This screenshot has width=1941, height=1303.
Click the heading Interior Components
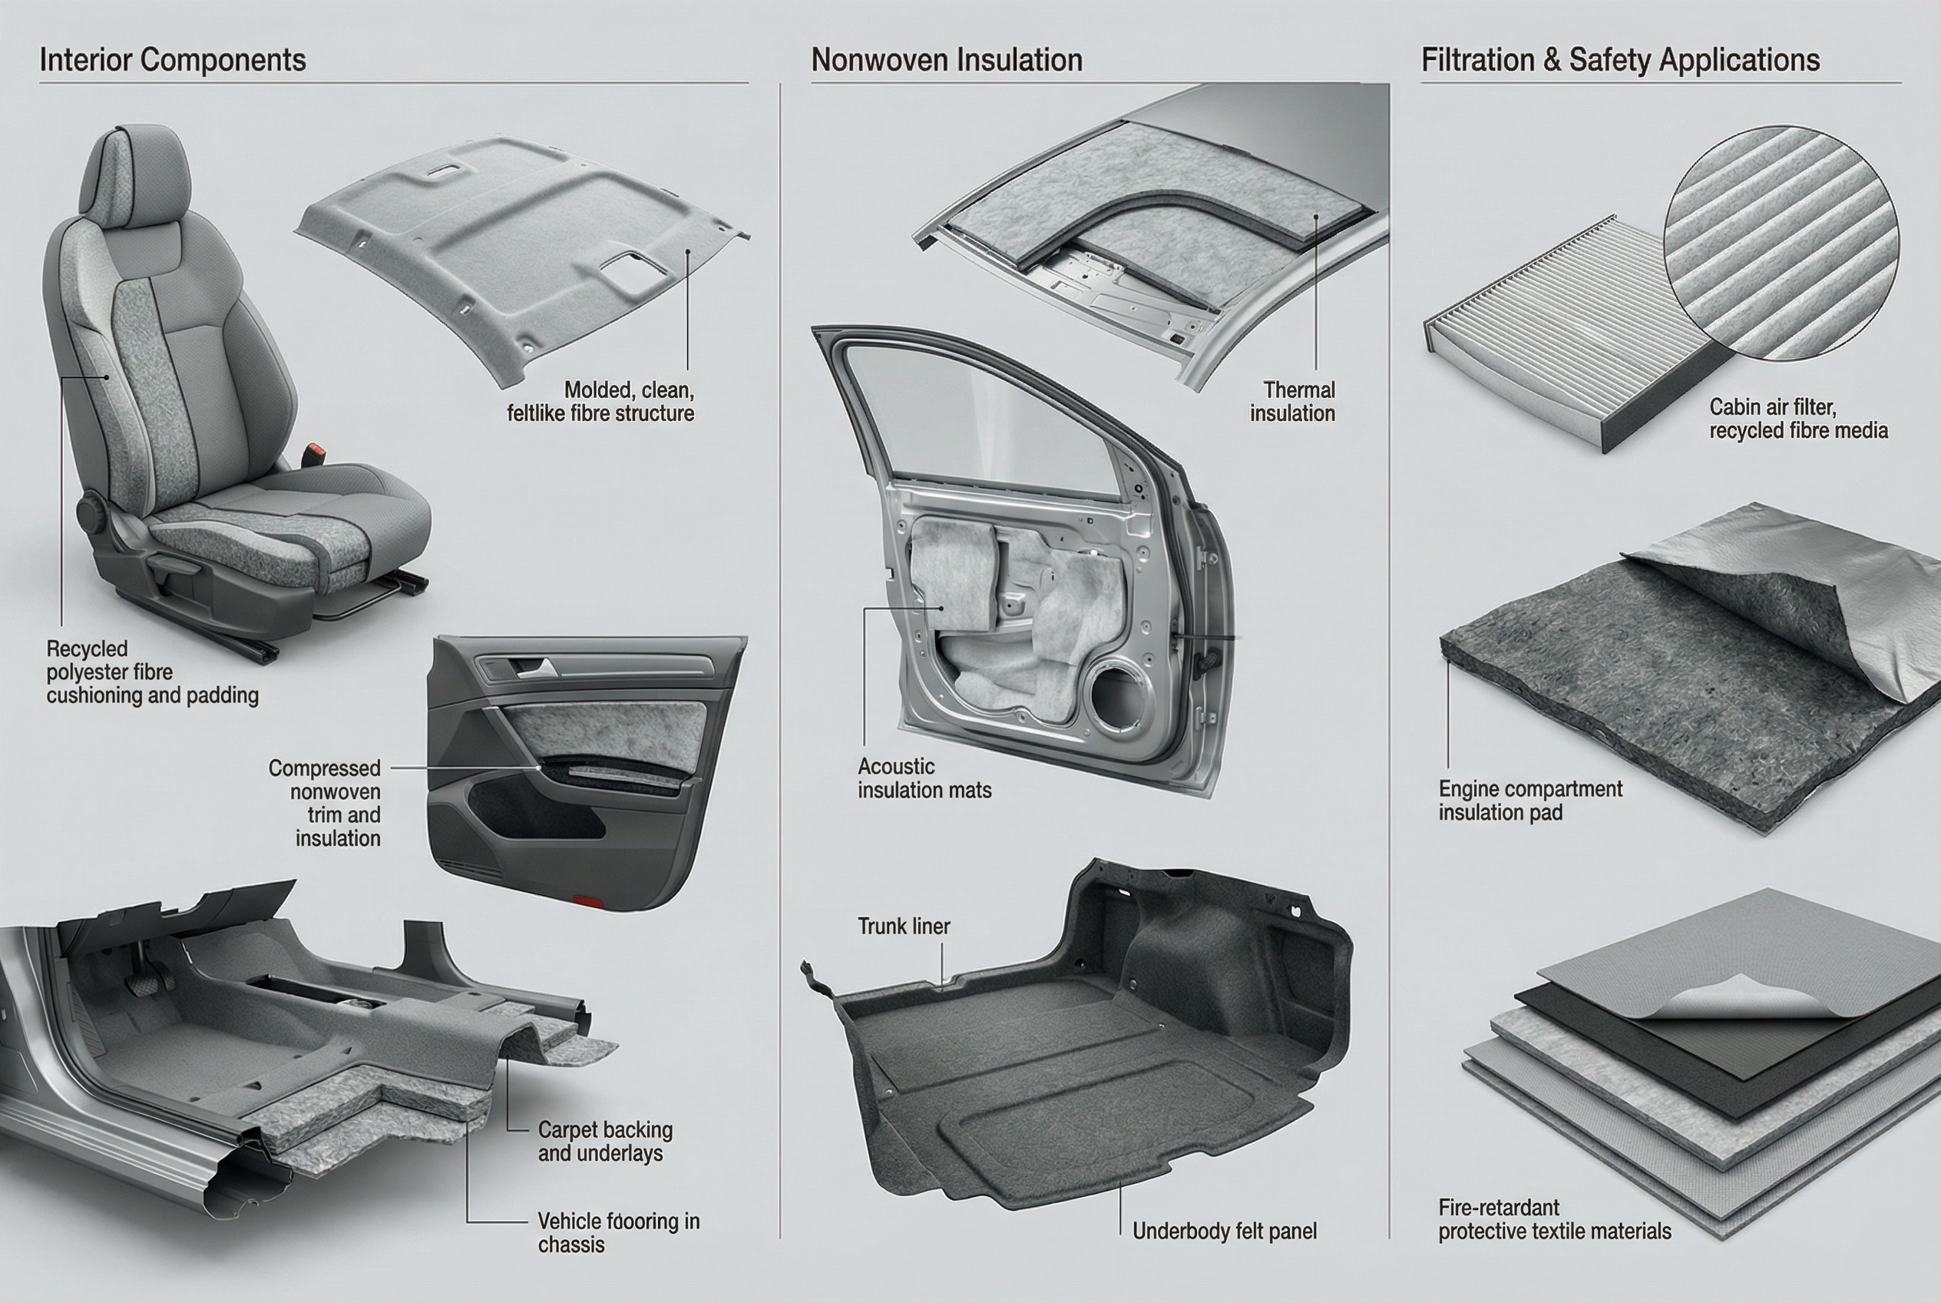[x=173, y=60]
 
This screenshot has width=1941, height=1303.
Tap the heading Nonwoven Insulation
[x=946, y=60]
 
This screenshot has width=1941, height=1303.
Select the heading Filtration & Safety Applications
[x=1619, y=60]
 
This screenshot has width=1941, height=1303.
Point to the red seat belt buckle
[x=316, y=455]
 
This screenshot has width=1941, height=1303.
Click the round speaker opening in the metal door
[x=1122, y=694]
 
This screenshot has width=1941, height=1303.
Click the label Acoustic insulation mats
[x=924, y=777]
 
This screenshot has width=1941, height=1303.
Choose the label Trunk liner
[x=903, y=926]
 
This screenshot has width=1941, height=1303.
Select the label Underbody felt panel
[x=1224, y=1231]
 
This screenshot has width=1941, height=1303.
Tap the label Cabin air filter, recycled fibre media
[x=1797, y=418]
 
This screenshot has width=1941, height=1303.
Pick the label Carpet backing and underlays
[x=603, y=1141]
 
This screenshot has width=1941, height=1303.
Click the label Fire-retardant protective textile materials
[x=1554, y=1219]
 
